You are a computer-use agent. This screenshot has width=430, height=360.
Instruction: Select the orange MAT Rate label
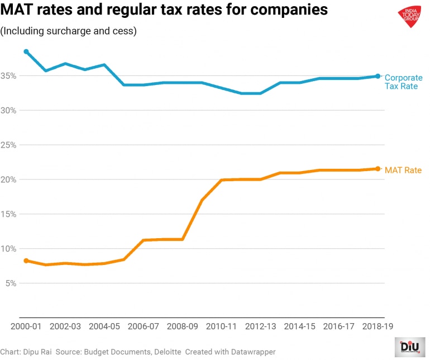pyautogui.click(x=403, y=170)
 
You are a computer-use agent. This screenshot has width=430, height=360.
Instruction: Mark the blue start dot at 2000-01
pyautogui.click(x=26, y=52)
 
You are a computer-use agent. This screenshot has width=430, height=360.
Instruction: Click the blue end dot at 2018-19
pyautogui.click(x=378, y=76)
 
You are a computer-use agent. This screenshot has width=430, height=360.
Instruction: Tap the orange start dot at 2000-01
pyautogui.click(x=26, y=260)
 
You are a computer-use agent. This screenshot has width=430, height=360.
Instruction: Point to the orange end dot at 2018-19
pyautogui.click(x=378, y=169)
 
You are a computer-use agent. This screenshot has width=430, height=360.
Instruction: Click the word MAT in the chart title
pyautogui.click(x=20, y=11)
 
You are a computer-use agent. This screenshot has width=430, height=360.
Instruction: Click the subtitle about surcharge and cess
pyautogui.click(x=69, y=31)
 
